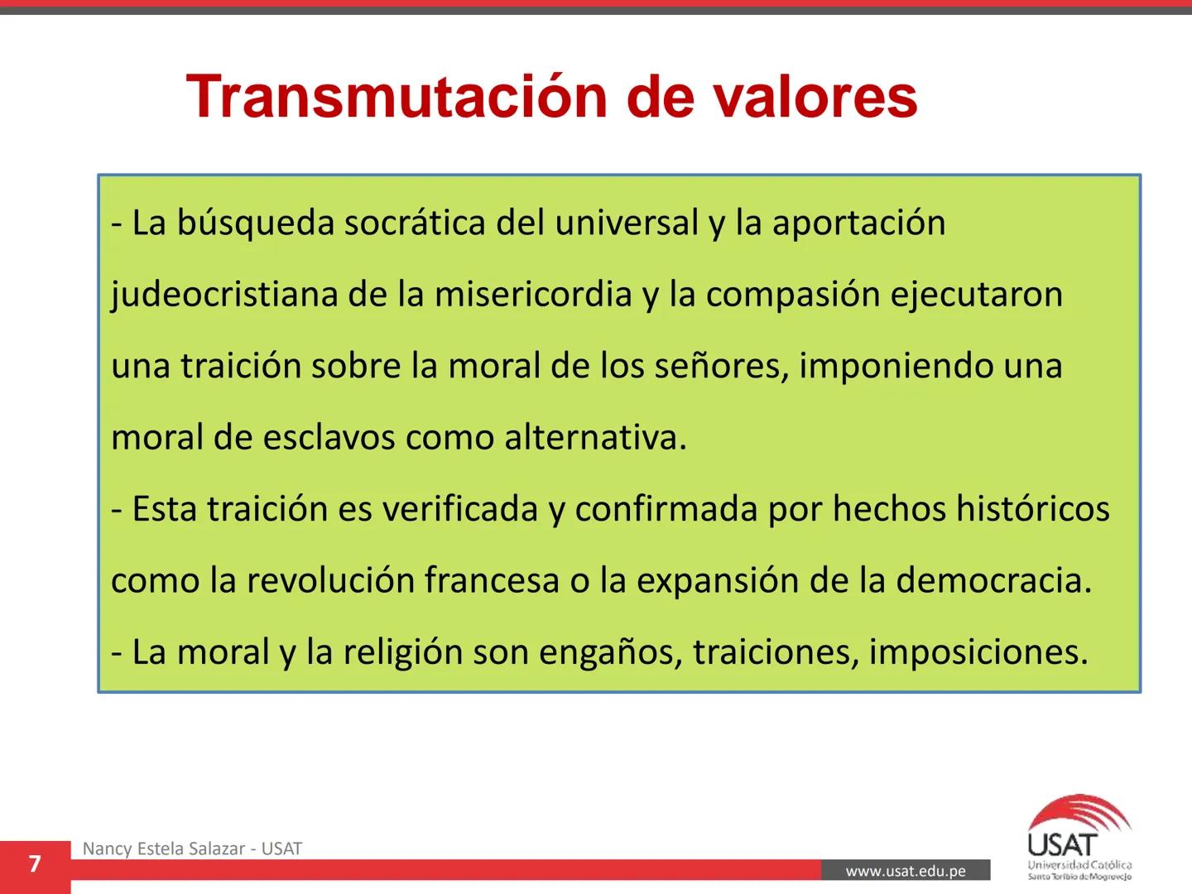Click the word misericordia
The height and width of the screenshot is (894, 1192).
(533, 295)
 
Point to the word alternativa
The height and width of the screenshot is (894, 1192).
(595, 437)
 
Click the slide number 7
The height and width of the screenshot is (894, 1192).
(34, 865)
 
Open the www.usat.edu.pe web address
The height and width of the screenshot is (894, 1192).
(906, 871)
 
